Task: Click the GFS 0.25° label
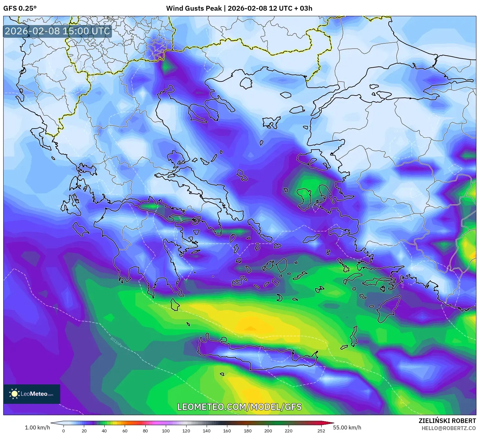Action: coord(20,8)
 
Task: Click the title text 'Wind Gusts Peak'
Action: coord(194,8)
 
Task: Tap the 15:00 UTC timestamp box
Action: coord(57,31)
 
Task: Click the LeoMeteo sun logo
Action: coord(14,394)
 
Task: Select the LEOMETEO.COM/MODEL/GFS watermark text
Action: coord(239,407)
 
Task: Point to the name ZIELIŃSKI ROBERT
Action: coord(447,421)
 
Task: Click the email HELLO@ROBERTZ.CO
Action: coord(449,428)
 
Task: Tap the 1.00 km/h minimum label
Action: coord(37,427)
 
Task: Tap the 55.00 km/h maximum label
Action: coord(347,427)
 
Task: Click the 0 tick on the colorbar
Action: coord(63,431)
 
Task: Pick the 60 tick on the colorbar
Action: coord(125,431)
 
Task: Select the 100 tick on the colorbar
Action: coord(165,431)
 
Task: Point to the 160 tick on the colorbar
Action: coord(227,431)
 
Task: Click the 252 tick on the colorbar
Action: coord(321,431)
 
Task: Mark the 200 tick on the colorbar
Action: coord(268,431)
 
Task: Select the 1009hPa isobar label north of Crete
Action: coord(293,348)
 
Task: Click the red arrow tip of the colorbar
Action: coord(332,423)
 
